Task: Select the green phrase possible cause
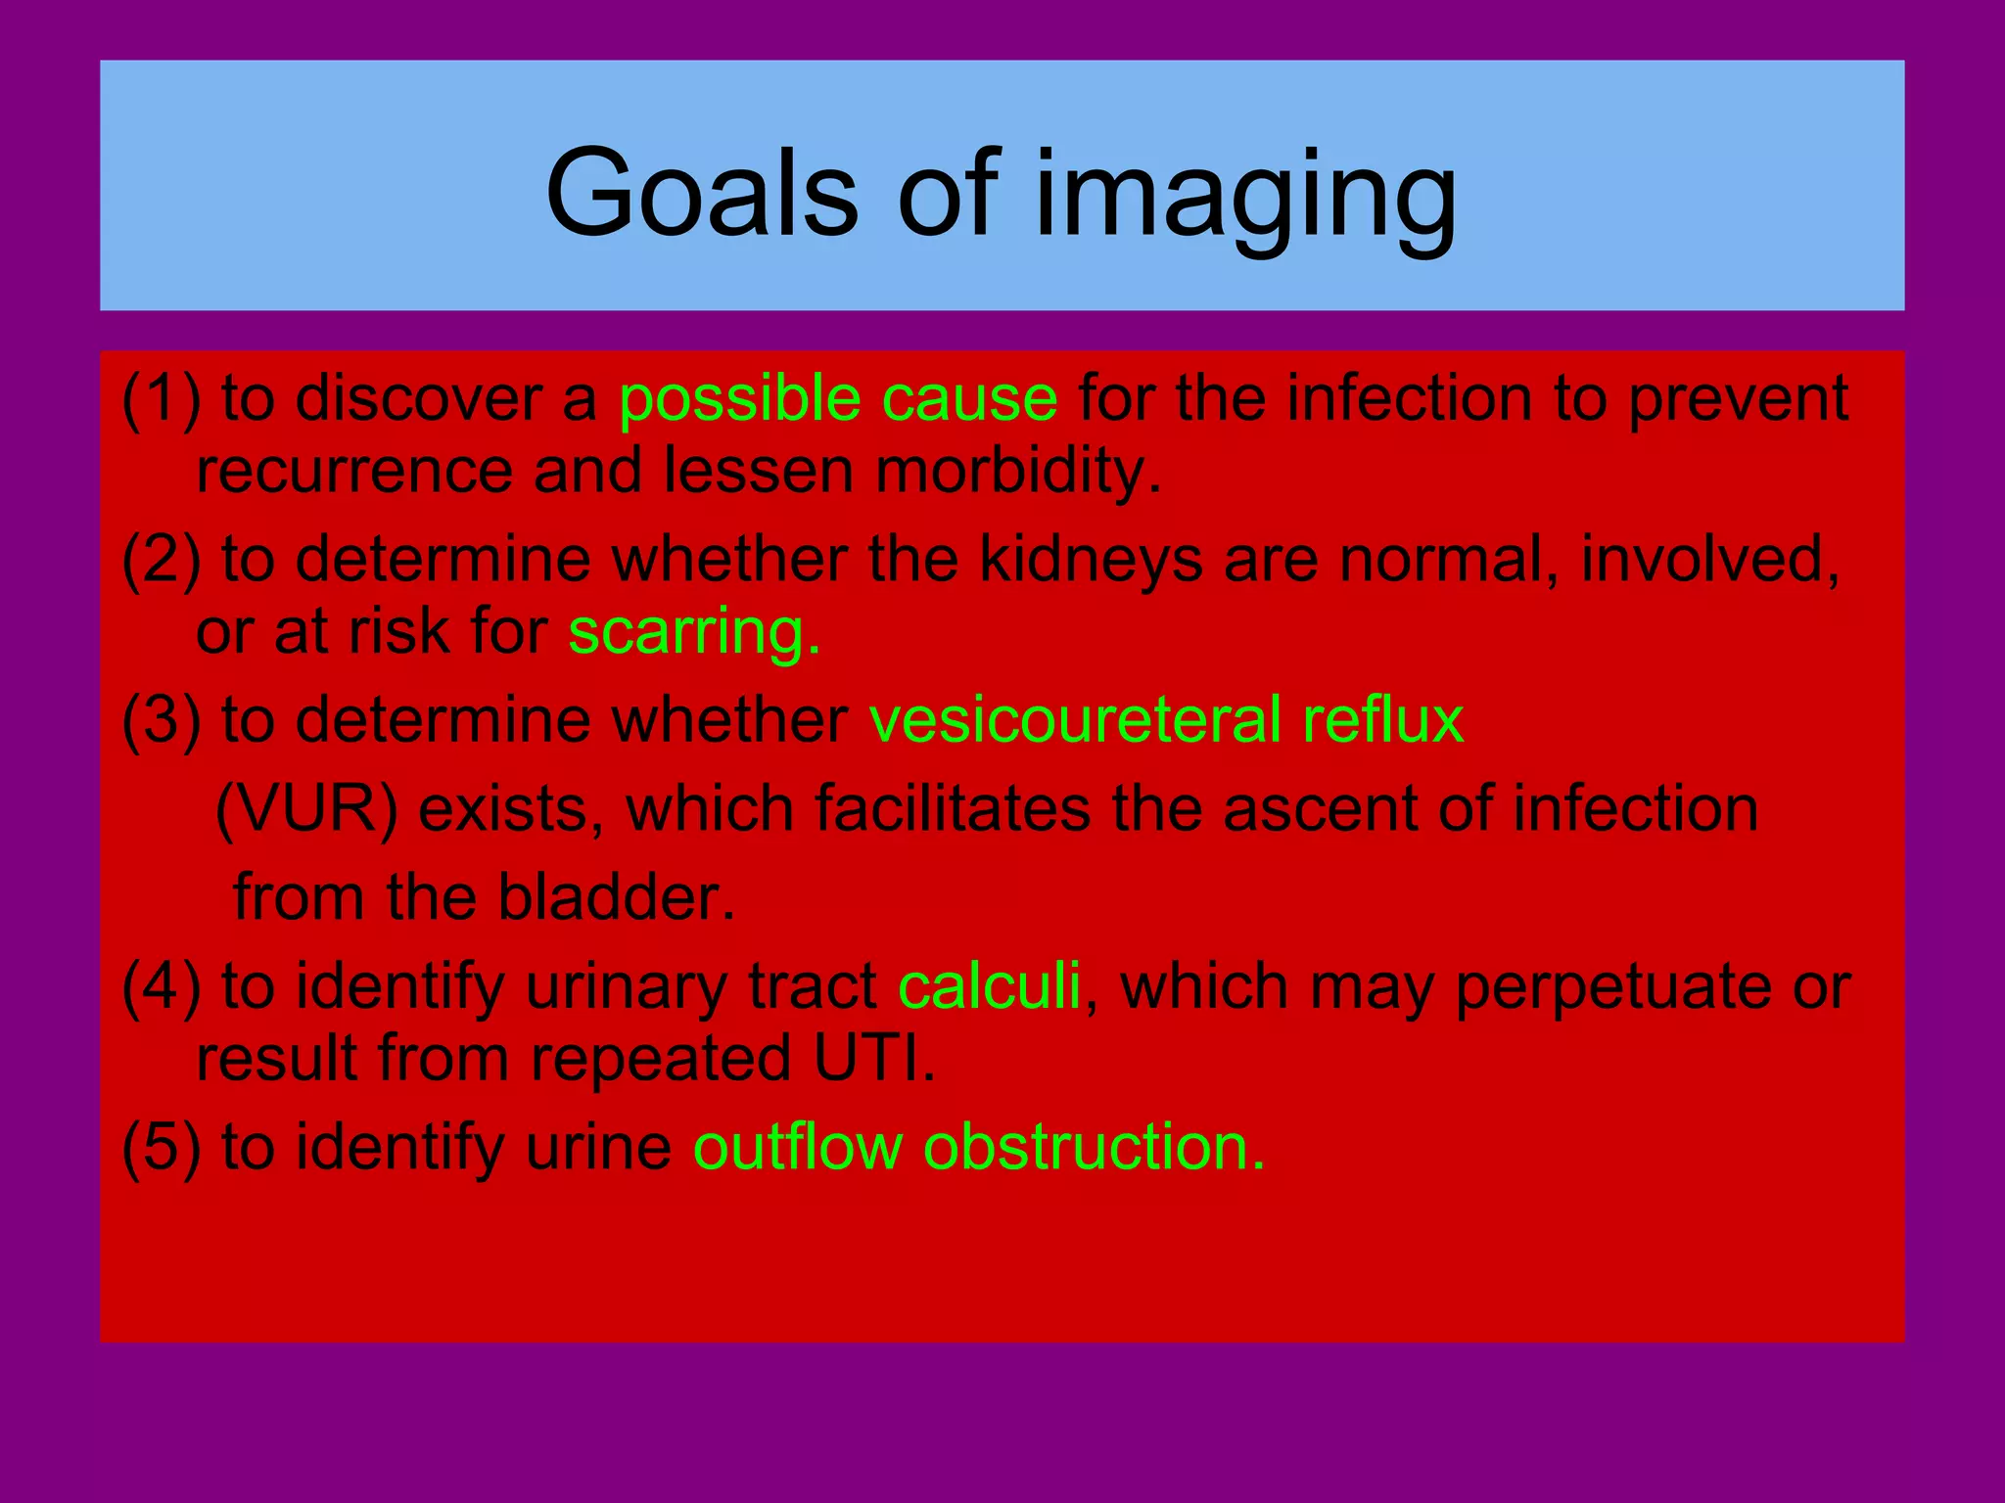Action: tap(838, 399)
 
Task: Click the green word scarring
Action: tap(693, 632)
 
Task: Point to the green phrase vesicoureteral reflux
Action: tap(1166, 720)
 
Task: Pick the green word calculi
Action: tap(989, 986)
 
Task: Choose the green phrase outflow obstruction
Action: tap(979, 1147)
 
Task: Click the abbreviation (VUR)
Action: tap(306, 810)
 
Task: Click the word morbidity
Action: tap(1018, 472)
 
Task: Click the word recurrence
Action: tap(354, 472)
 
